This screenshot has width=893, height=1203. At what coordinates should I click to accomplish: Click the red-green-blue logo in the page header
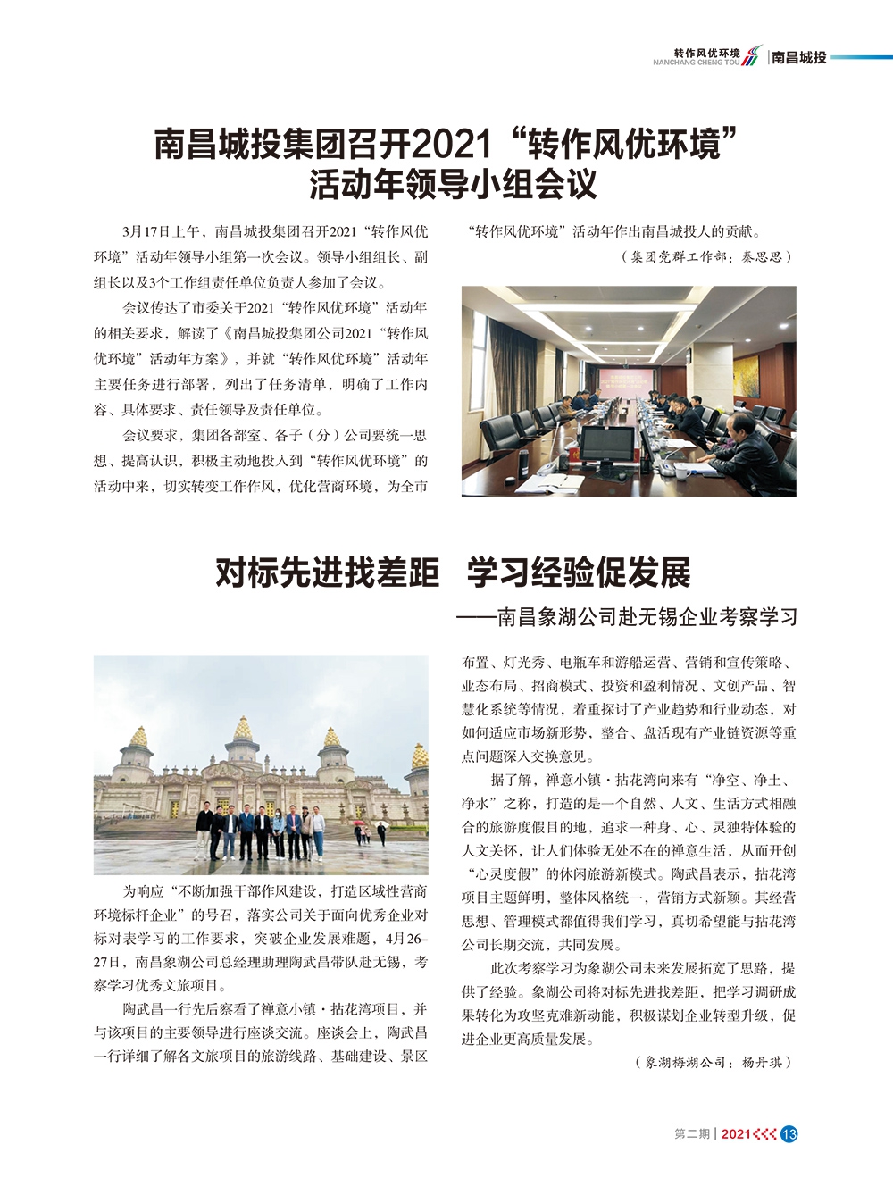(753, 55)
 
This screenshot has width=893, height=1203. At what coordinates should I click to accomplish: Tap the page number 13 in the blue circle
(789, 1133)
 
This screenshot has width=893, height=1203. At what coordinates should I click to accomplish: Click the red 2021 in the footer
(735, 1133)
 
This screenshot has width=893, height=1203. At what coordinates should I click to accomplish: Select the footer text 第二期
(692, 1133)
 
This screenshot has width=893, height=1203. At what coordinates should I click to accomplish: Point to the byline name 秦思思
(760, 257)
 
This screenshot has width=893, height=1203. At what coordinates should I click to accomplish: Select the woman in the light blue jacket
(279, 830)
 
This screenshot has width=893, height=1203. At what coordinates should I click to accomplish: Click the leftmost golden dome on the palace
(138, 738)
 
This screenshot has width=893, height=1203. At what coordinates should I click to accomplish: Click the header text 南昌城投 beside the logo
(799, 57)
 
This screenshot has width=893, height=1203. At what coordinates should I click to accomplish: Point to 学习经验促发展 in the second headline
(579, 572)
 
